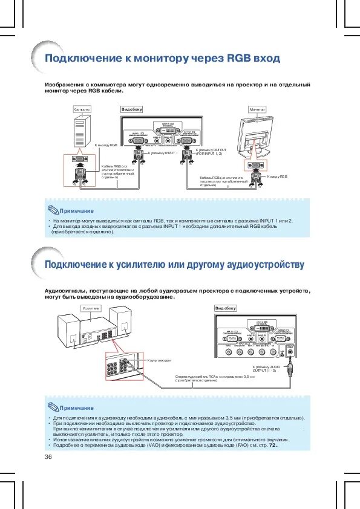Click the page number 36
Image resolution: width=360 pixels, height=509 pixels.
click(x=48, y=457)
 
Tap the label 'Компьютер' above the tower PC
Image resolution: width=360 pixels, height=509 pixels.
click(x=82, y=109)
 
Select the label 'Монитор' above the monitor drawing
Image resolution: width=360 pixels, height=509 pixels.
click(x=258, y=109)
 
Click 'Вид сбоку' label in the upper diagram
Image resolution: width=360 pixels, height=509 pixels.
click(x=132, y=109)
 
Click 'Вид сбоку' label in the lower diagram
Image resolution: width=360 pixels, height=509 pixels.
click(x=226, y=308)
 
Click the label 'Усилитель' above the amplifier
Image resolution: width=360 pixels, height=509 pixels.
click(x=90, y=308)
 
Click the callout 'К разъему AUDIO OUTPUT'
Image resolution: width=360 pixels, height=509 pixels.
click(x=267, y=369)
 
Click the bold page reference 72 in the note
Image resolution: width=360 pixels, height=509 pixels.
click(x=272, y=446)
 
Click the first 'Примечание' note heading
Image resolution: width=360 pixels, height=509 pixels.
click(x=76, y=211)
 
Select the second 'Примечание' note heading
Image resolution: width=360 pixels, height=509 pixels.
click(x=76, y=408)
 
